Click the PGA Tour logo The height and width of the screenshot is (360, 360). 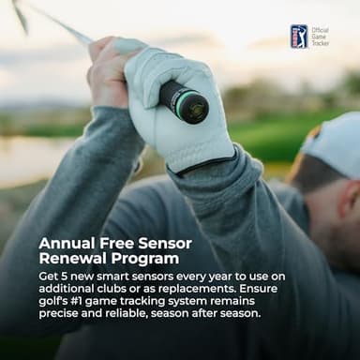pyautogui.click(x=299, y=37)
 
